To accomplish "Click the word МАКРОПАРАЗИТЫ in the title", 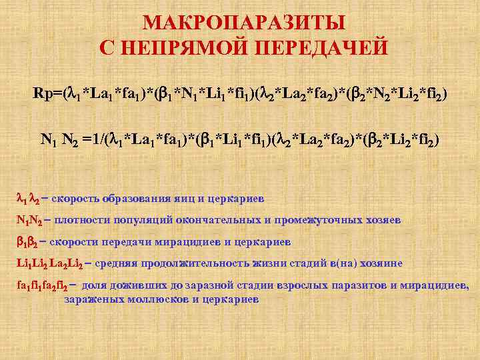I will tap(244, 23).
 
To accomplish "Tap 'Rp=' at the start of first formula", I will tap(48, 94).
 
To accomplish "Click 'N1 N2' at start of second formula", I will tap(59, 140).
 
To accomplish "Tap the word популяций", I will tap(134, 220).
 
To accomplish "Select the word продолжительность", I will tap(179, 263).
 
